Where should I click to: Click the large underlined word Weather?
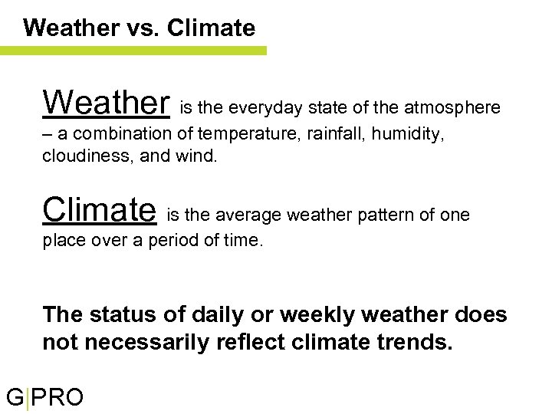click(106, 101)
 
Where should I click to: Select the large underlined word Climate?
click(100, 209)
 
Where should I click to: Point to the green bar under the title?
click(133, 51)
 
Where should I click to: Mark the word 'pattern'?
click(384, 215)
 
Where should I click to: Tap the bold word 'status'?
click(123, 315)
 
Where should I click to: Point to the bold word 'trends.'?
click(416, 342)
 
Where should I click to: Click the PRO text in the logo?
click(58, 398)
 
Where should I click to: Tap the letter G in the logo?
click(15, 398)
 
